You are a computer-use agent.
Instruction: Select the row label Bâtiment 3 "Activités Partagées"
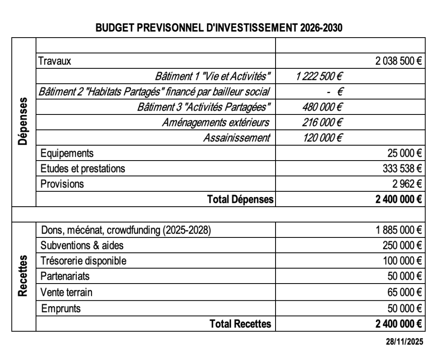click(204, 107)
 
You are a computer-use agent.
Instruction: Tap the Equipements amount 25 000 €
click(405, 153)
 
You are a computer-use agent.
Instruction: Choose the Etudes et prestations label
click(83, 168)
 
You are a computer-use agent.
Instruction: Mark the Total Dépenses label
click(240, 199)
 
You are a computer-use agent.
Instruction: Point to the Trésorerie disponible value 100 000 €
click(402, 260)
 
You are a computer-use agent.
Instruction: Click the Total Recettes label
click(240, 324)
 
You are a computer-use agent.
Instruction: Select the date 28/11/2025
click(405, 342)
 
